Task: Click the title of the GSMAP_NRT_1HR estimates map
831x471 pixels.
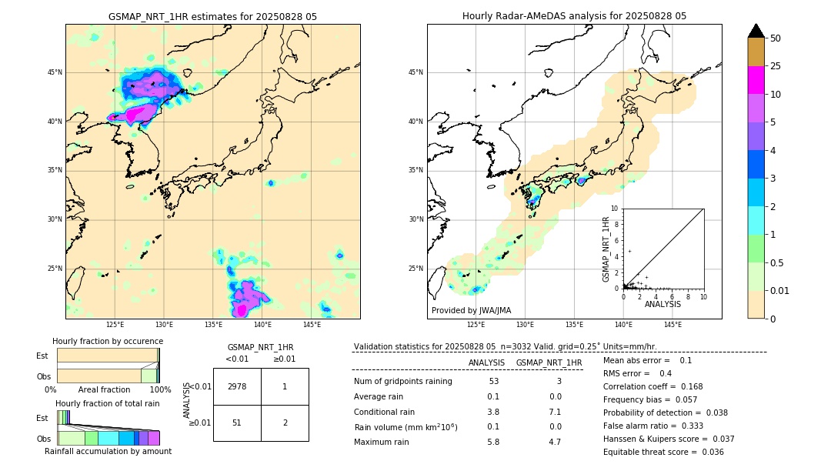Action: [212, 16]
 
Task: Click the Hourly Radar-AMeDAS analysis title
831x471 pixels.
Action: [574, 16]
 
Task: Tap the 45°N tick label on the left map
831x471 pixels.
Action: [55, 72]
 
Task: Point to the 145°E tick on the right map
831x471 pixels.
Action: [672, 325]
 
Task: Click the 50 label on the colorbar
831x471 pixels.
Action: [776, 38]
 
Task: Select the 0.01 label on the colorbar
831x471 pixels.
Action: [780, 290]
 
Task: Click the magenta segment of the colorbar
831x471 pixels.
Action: [756, 80]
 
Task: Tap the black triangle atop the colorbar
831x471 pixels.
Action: [756, 31]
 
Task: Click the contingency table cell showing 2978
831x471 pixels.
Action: [237, 386]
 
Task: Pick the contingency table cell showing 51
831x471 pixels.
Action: [237, 423]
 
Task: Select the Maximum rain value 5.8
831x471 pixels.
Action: [493, 442]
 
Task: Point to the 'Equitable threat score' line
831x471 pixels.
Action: [663, 452]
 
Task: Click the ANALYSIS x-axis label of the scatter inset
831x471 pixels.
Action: [662, 304]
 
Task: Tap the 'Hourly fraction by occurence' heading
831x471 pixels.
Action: [108, 341]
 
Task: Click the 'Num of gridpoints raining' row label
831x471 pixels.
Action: [402, 382]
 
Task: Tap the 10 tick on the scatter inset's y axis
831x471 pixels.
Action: [615, 209]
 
